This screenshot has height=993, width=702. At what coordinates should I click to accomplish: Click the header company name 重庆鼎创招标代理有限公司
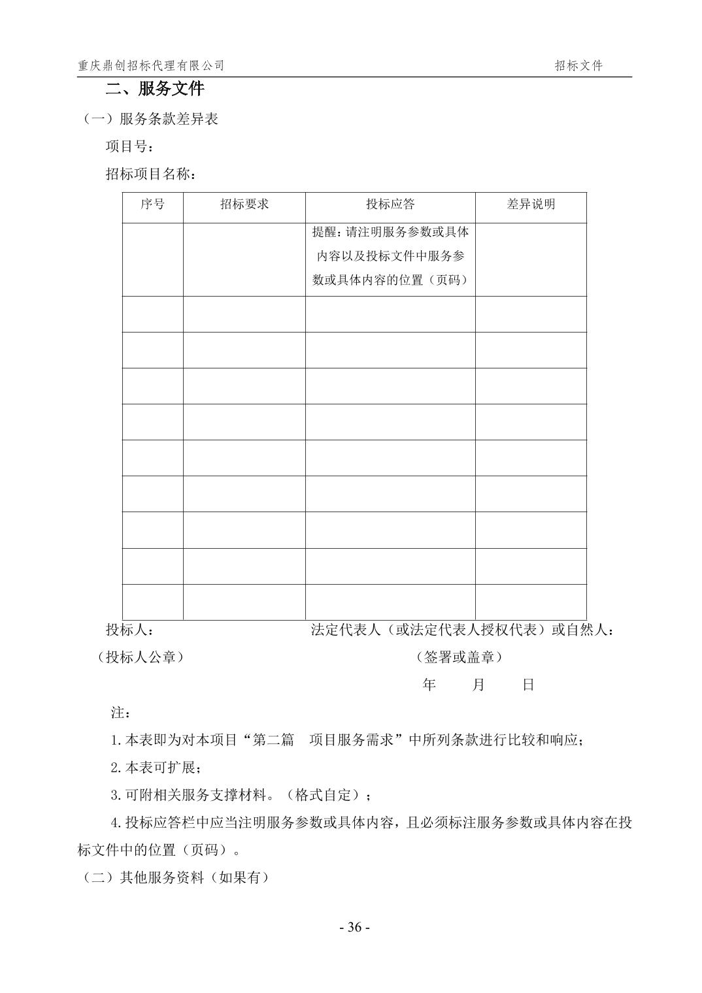coord(151,65)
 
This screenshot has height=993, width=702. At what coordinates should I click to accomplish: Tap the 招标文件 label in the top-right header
coord(578,65)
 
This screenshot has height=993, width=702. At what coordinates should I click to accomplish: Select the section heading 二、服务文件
coord(155,88)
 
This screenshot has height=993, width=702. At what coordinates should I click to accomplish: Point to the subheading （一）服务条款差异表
coord(150,119)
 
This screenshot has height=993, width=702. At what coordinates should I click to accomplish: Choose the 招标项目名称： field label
coord(150,174)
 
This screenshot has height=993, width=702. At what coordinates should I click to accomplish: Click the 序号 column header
coord(152,204)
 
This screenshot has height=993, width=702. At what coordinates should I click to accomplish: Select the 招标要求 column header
coord(244,204)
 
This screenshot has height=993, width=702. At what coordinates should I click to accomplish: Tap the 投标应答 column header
coord(390,204)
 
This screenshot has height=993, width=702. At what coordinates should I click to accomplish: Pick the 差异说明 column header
coord(531,204)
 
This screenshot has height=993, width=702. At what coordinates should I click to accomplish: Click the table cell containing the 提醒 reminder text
coord(390,256)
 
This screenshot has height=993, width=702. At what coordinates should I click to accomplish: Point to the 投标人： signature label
coord(130,630)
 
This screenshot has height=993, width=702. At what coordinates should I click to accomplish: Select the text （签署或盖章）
coord(459,657)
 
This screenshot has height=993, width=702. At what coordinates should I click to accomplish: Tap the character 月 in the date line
coord(478,685)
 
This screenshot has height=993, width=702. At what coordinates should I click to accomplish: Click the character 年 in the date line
coord(429,685)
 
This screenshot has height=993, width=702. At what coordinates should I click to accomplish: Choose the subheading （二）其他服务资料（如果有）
coord(175,878)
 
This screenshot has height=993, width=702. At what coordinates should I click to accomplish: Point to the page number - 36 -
coord(355,928)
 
